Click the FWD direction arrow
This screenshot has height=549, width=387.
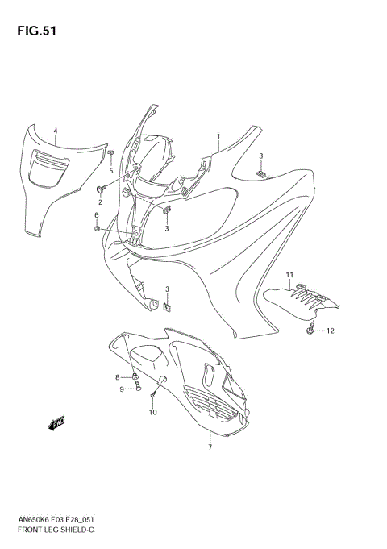coord(58,423)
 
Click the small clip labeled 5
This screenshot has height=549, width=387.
coord(110,153)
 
